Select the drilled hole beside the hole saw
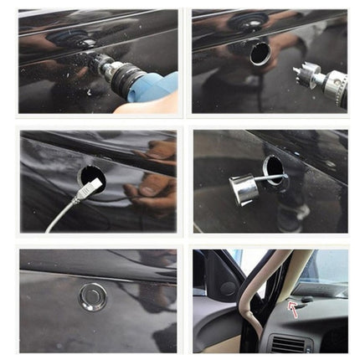[x=260, y=52]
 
